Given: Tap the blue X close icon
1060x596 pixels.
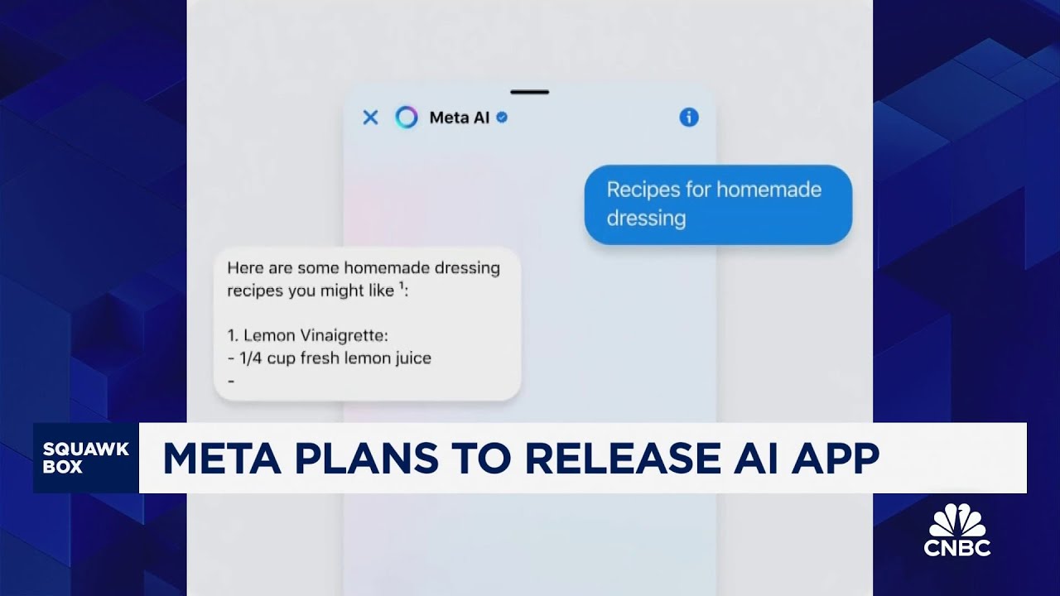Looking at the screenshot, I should tap(370, 118).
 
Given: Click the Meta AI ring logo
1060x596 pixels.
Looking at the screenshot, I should tap(407, 118).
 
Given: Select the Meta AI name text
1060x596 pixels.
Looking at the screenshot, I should tap(460, 118).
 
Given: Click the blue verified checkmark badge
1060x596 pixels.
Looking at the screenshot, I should tap(502, 118).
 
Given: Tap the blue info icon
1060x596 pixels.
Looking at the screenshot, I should tap(689, 118).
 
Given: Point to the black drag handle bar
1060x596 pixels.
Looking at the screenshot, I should tap(530, 92).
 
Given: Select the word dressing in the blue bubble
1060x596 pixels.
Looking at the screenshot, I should tap(646, 219).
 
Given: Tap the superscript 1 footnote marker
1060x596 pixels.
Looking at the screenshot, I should tap(401, 286).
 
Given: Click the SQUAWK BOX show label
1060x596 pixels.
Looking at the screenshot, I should tap(86, 458).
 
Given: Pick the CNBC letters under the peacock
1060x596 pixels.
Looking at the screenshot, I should tap(957, 547).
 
